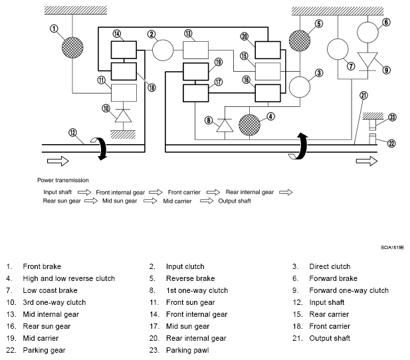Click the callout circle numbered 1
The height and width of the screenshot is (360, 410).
[54, 29]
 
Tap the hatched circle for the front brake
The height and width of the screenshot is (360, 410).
[72, 48]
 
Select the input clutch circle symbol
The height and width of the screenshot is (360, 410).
[163, 50]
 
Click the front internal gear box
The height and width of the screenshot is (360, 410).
[124, 50]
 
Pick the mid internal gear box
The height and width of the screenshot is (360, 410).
[195, 50]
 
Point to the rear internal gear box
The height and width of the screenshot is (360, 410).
[268, 50]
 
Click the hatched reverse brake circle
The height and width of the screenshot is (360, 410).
[300, 41]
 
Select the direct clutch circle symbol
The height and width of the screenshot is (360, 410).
[300, 87]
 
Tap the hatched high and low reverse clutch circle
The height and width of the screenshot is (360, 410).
[249, 125]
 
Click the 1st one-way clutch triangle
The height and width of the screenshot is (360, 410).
[225, 126]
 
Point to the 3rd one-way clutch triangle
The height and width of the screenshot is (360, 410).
[123, 116]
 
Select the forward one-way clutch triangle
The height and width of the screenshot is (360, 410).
[367, 60]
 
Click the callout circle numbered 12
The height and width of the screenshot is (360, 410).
[72, 133]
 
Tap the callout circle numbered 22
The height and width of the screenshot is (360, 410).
[391, 143]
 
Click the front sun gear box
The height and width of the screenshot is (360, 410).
[124, 92]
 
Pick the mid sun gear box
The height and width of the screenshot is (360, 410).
[195, 93]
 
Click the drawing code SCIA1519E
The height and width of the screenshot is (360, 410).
[392, 247]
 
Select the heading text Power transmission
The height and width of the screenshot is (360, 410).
[62, 180]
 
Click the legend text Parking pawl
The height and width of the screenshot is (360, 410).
[187, 350]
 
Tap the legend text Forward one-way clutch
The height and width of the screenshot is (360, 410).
[349, 290]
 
